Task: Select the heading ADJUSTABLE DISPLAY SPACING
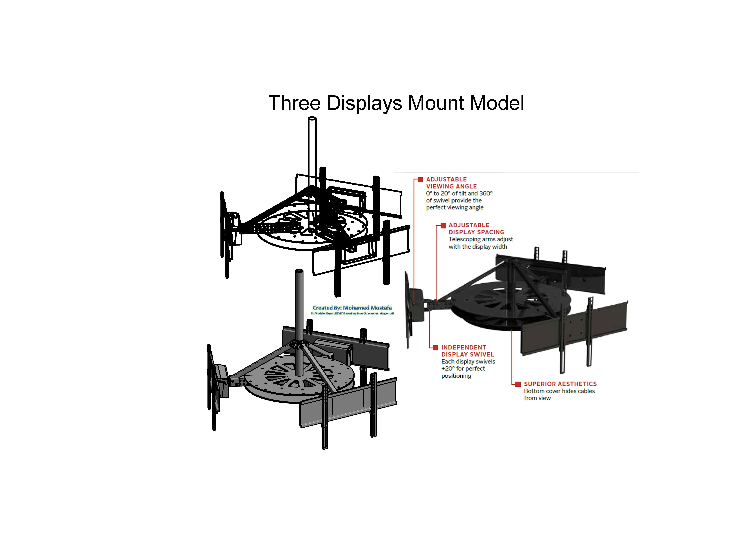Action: [x=476, y=228]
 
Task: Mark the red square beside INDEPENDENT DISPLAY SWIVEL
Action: [x=435, y=348]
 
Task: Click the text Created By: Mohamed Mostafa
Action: [x=352, y=308]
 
